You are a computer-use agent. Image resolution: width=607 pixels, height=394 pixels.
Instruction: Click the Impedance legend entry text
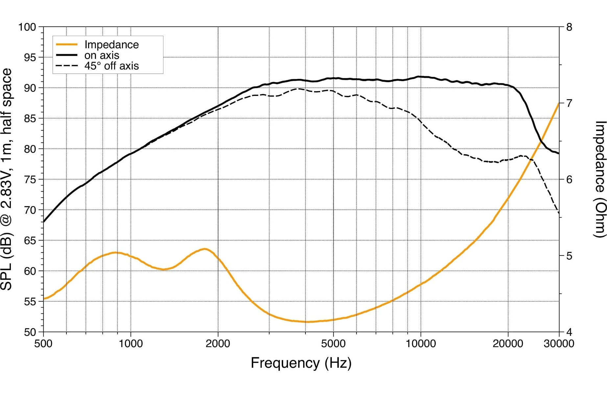point(111,45)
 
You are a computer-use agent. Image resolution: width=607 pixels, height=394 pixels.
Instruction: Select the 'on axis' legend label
point(102,55)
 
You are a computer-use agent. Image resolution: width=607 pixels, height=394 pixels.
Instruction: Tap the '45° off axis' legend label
point(111,66)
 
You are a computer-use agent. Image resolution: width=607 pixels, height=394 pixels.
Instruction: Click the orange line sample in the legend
point(67,44)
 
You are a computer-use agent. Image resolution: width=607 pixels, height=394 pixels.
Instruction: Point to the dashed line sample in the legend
point(67,66)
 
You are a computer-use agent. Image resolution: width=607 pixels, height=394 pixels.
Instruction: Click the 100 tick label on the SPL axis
point(27,27)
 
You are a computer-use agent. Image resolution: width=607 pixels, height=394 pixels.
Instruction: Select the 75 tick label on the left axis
point(30,180)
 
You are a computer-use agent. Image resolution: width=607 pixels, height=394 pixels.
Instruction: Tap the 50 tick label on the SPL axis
point(30,332)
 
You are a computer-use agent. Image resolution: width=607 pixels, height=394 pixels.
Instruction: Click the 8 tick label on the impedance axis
point(569,27)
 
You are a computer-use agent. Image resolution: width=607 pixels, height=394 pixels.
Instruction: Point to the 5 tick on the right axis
point(569,256)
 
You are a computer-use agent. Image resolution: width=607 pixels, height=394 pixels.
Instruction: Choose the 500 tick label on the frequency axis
point(43,344)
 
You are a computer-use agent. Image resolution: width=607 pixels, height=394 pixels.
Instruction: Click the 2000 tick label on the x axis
point(218,344)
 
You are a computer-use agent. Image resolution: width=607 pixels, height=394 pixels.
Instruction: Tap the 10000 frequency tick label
point(421,344)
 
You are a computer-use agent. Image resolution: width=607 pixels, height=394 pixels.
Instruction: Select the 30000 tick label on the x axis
point(559,344)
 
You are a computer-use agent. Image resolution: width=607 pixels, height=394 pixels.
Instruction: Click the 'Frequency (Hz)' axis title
point(301,363)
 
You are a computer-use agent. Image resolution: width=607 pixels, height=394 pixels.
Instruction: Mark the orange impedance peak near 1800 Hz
point(205,249)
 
